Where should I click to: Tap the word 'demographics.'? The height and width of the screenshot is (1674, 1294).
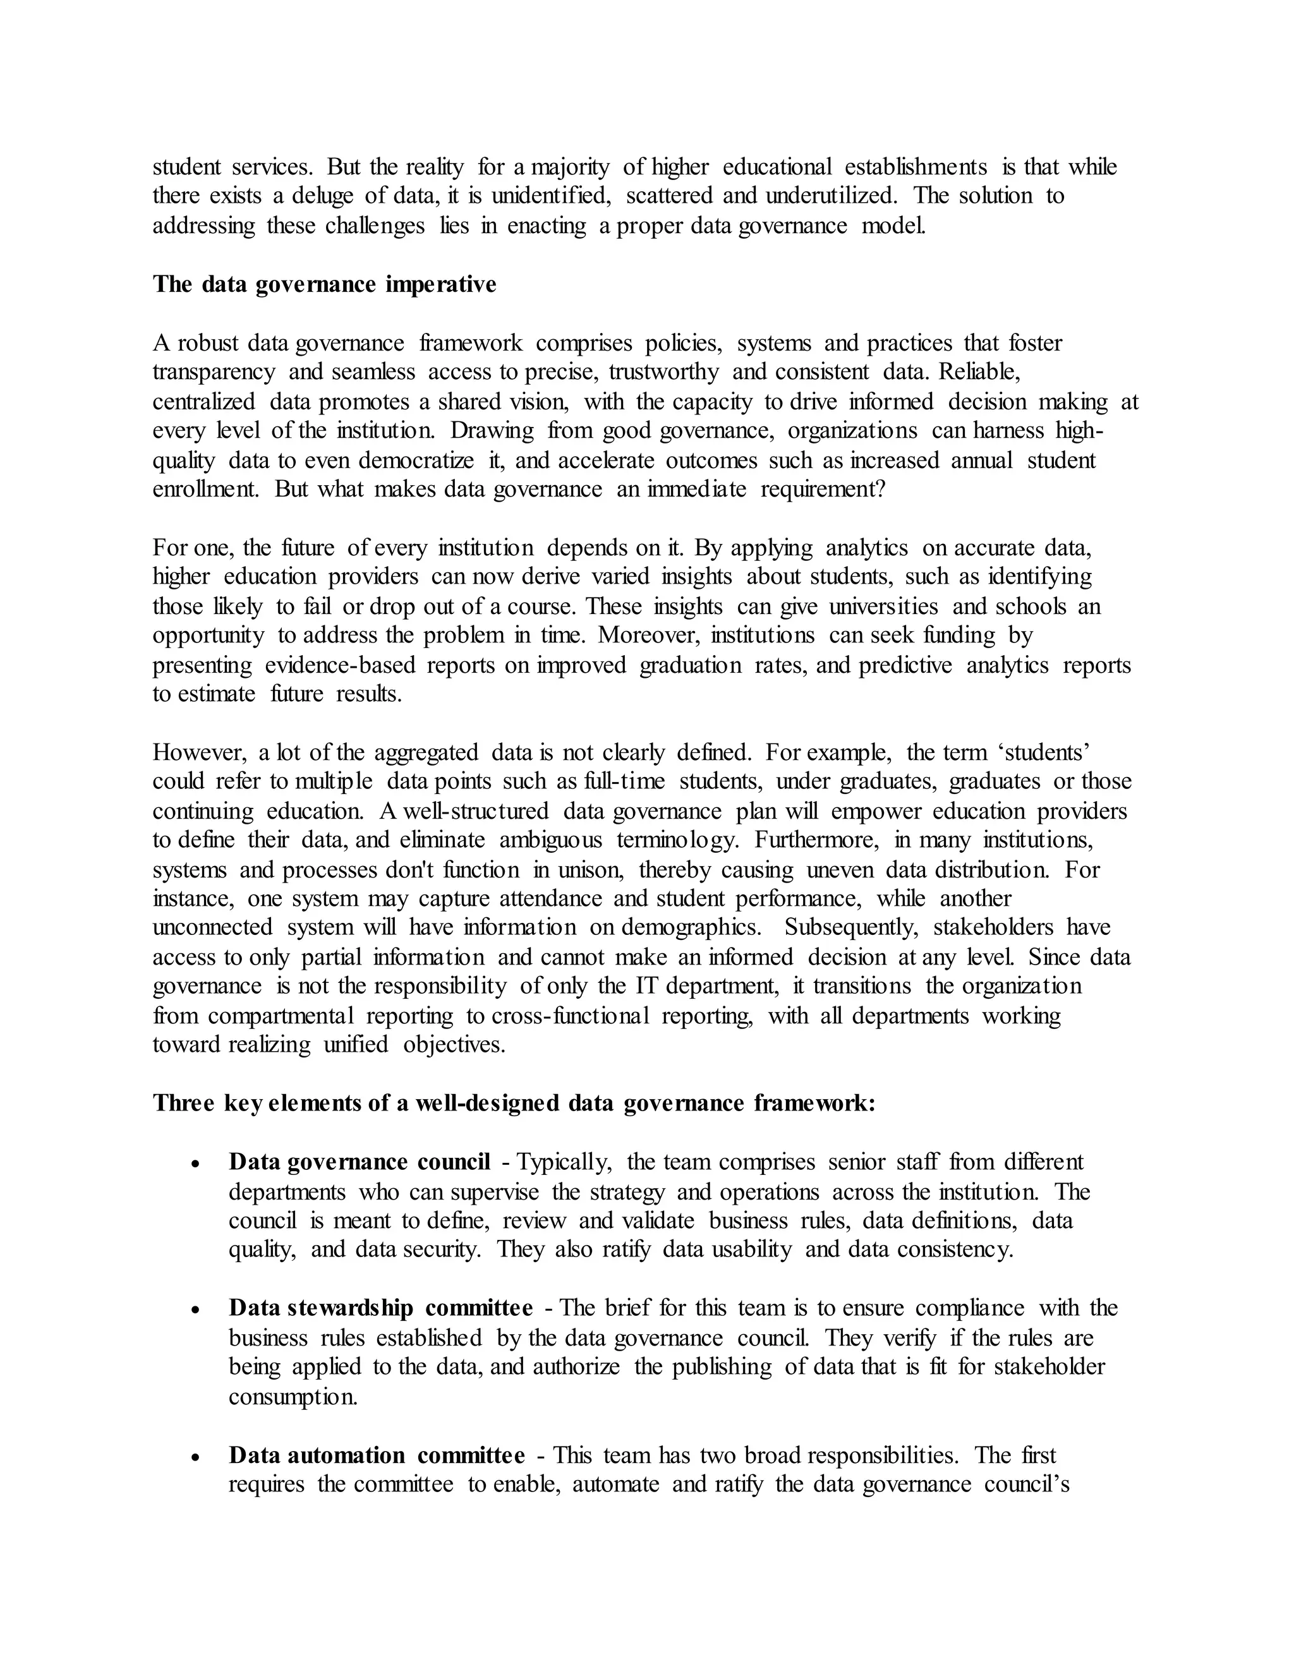coord(691,927)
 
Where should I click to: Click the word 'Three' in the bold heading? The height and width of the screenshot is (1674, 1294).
coord(183,1103)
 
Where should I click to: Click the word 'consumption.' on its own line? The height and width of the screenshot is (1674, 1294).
coord(293,1397)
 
